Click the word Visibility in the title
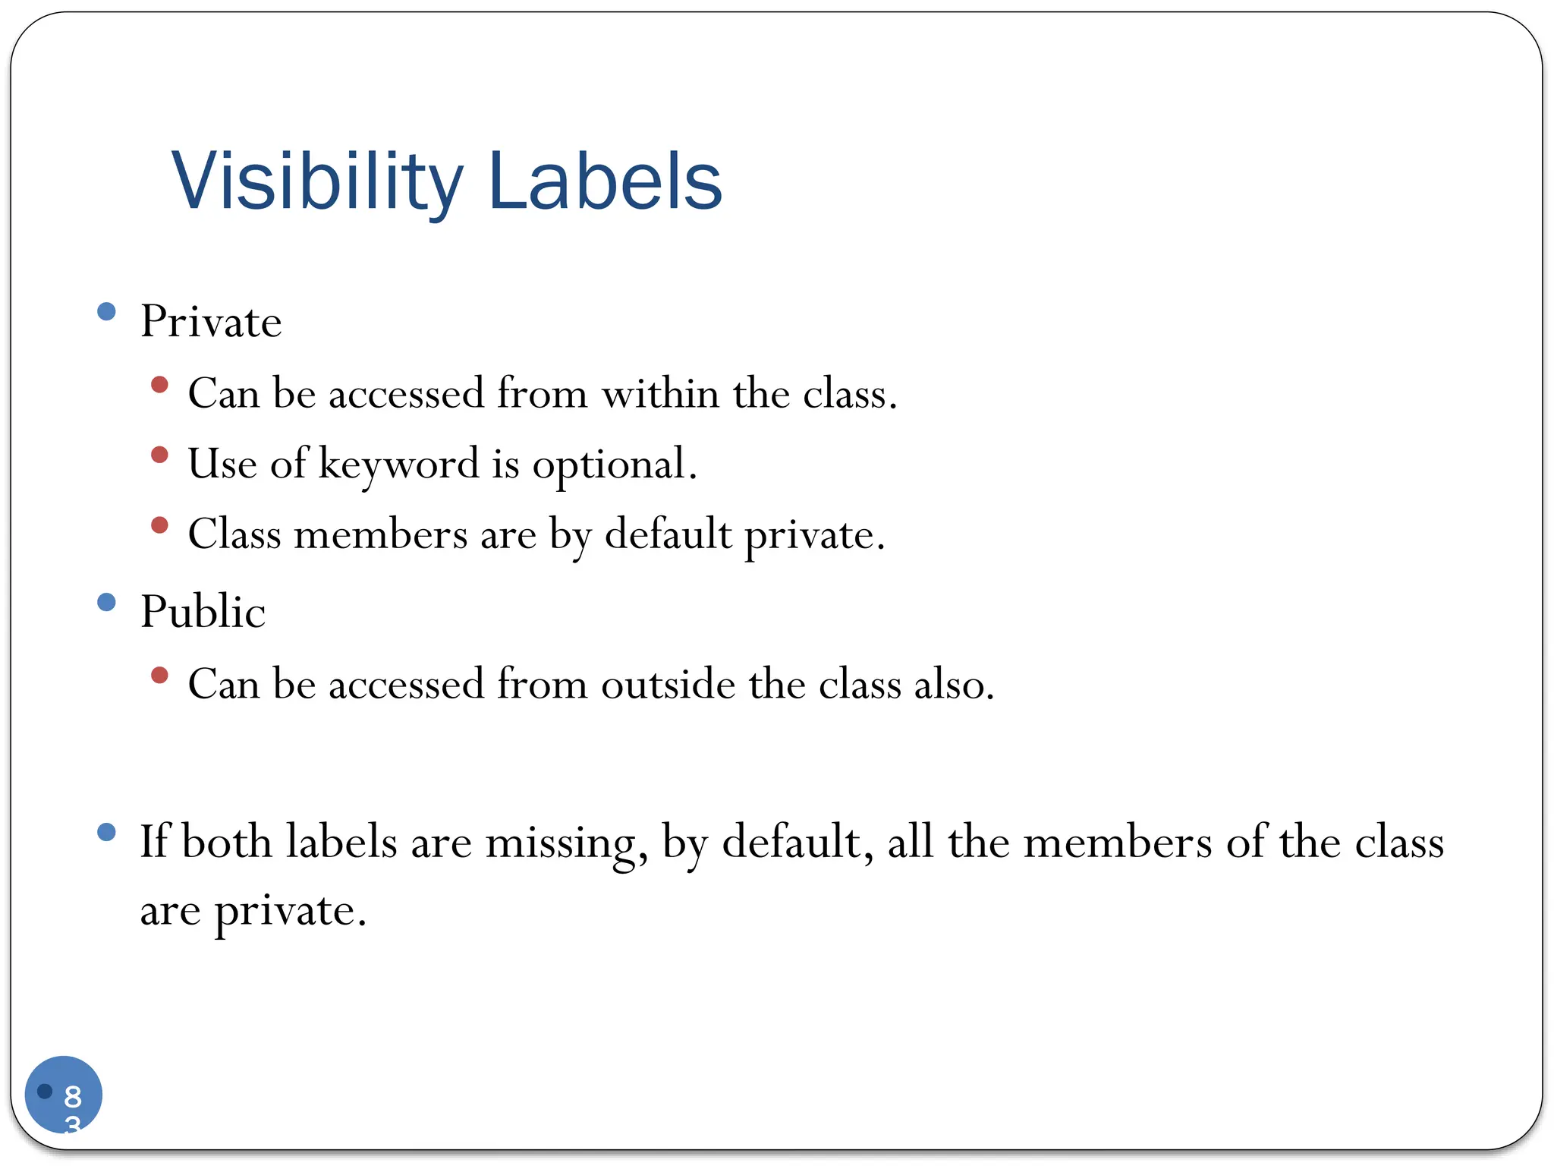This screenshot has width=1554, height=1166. pyautogui.click(x=316, y=182)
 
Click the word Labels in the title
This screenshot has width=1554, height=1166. pyautogui.click(x=605, y=182)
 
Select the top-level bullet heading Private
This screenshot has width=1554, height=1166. pyautogui.click(x=211, y=321)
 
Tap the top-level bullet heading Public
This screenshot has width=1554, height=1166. pyautogui.click(x=203, y=612)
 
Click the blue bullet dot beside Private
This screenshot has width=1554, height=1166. pyautogui.click(x=107, y=311)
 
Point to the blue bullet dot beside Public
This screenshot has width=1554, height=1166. pyautogui.click(x=107, y=603)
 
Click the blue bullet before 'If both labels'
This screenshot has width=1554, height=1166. pyautogui.click(x=107, y=833)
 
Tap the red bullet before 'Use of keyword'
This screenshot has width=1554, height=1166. pyautogui.click(x=159, y=455)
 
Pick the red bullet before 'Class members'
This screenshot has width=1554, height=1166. pyautogui.click(x=159, y=525)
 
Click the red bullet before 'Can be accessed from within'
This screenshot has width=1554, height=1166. pyautogui.click(x=159, y=385)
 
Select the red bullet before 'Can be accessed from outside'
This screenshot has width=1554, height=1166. pyautogui.click(x=159, y=675)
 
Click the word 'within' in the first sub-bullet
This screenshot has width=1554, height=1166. pyautogui.click(x=660, y=394)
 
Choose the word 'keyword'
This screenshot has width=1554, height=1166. pyautogui.click(x=398, y=465)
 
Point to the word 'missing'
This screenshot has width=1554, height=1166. pyautogui.click(x=561, y=843)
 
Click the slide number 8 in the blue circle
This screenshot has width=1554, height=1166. pyautogui.click(x=73, y=1096)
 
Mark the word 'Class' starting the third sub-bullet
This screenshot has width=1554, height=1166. pyautogui.click(x=234, y=534)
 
